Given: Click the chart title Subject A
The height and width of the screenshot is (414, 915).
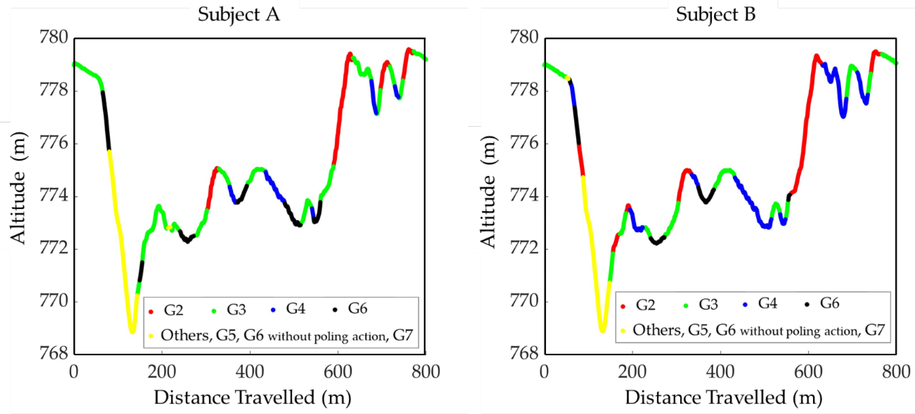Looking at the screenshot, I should tap(239, 15).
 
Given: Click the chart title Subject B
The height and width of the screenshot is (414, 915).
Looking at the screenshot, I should tap(715, 15).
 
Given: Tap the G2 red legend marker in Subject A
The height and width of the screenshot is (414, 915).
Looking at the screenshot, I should tap(151, 312).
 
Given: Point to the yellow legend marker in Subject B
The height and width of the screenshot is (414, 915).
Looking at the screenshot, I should tap(623, 331).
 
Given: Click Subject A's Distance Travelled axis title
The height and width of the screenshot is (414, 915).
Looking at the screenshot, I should tap(253, 397).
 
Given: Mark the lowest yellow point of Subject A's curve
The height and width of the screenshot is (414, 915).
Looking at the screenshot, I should tap(132, 332).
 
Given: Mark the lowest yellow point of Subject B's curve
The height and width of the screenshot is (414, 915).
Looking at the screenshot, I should tap(602, 331).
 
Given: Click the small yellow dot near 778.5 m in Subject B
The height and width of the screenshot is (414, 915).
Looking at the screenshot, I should tap(568, 78).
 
